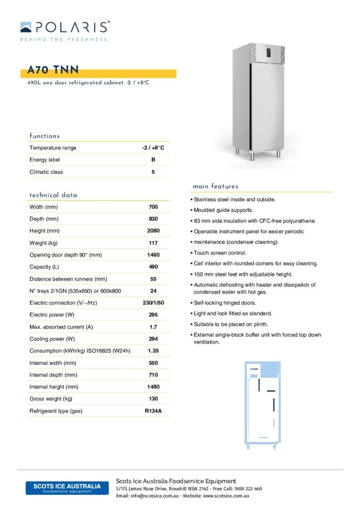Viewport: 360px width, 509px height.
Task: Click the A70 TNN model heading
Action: [x=50, y=71]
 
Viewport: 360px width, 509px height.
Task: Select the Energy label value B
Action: [x=153, y=160]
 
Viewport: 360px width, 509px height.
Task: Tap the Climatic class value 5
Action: [x=153, y=172]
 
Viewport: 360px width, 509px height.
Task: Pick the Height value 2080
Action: [x=153, y=231]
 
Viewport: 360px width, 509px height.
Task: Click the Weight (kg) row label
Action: [x=44, y=243]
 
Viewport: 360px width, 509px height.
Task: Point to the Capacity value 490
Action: [x=153, y=267]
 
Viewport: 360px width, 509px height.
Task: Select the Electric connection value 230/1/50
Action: [x=153, y=303]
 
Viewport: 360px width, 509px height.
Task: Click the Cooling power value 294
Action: [x=153, y=339]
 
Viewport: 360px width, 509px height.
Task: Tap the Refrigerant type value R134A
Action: [x=153, y=411]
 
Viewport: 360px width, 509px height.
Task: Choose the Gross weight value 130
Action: [x=153, y=399]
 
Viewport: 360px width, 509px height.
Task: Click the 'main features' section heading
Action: [x=215, y=186]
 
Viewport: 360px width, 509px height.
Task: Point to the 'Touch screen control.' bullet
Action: [x=219, y=253]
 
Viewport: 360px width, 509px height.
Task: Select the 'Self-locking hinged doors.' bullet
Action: [x=225, y=303]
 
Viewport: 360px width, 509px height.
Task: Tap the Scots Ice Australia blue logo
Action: [x=67, y=488]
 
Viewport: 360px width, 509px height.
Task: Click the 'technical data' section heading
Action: [x=53, y=195]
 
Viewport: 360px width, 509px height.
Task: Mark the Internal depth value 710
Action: [x=153, y=375]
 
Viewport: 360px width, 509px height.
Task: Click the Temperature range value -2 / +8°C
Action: [x=153, y=148]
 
